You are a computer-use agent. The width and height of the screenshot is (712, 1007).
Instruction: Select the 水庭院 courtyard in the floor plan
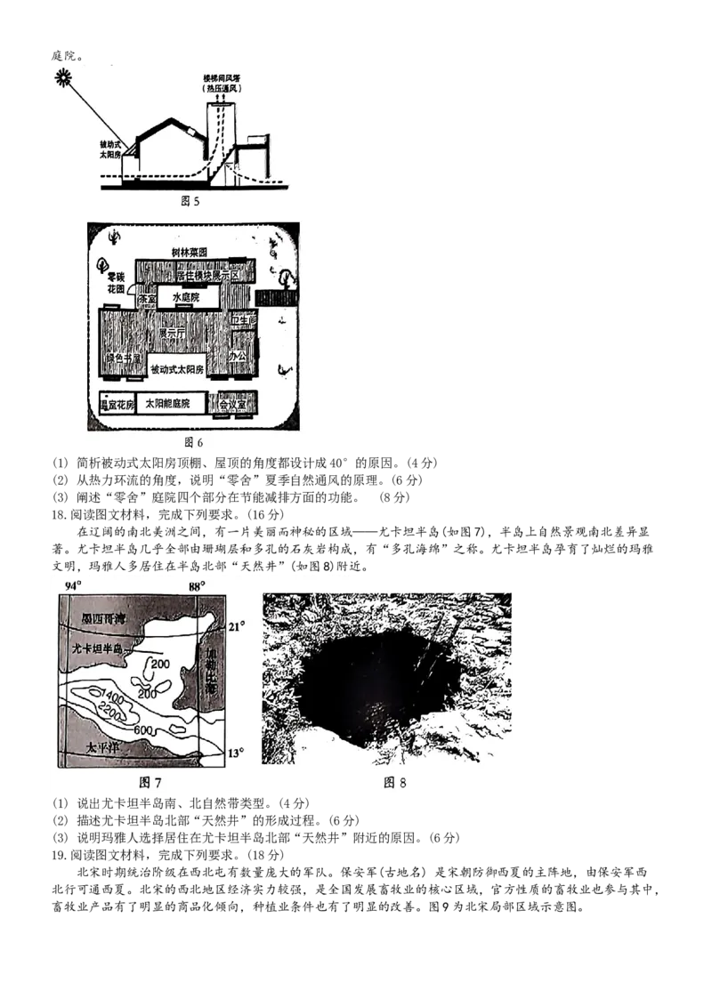point(182,298)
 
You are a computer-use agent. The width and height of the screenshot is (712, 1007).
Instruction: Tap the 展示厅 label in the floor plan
point(172,334)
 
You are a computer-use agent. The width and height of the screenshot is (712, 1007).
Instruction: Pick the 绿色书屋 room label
point(125,358)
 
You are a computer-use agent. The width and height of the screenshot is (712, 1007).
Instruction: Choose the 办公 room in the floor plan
point(237,355)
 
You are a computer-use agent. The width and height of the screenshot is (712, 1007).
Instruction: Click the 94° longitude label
point(73,585)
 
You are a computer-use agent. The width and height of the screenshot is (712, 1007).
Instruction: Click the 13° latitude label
point(236,753)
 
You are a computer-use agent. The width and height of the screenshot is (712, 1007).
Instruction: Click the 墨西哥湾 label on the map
point(103,617)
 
